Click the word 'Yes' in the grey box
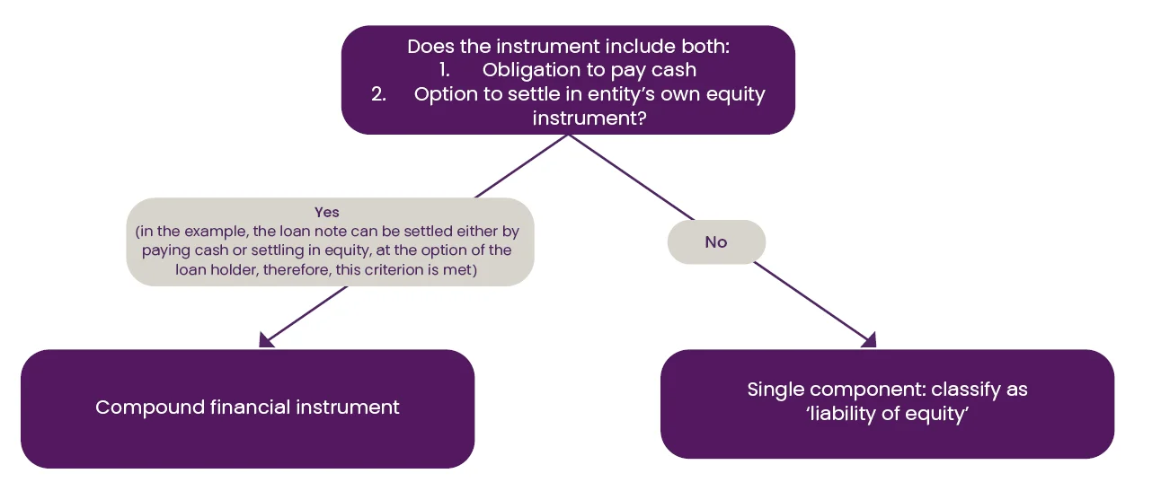[326, 212]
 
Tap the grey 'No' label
[716, 241]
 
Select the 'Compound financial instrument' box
[247, 408]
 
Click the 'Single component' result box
[887, 404]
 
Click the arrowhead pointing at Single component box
[870, 340]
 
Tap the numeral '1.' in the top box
[444, 70]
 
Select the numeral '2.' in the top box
[378, 94]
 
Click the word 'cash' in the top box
[674, 70]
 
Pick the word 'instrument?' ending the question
[589, 118]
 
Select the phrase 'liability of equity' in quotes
[887, 414]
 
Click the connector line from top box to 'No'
[632, 177]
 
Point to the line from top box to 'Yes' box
[521, 166]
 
